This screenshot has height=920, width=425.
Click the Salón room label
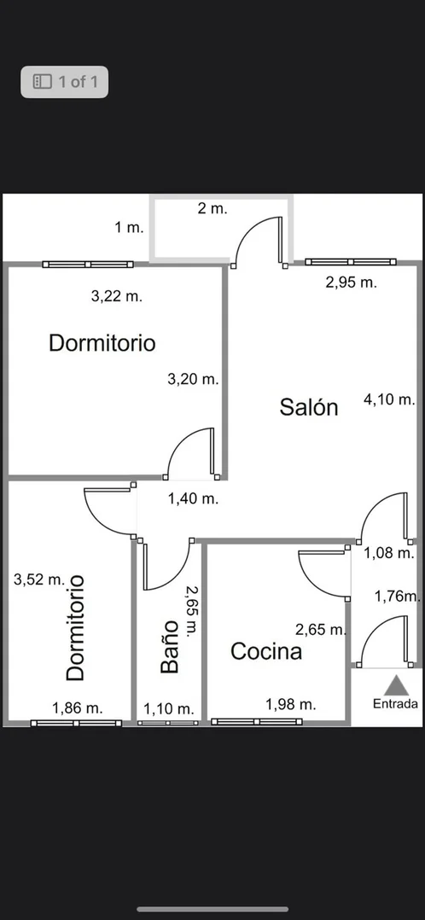coord(309,406)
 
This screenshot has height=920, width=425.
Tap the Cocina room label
coord(266,650)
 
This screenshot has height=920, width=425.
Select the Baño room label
coord(169,647)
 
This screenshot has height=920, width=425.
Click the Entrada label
coord(396,704)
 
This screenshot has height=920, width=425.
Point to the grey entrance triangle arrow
coord(396,685)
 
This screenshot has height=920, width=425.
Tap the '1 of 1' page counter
coord(65,82)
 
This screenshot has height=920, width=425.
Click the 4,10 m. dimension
coord(390,400)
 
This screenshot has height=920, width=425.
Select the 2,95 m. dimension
coord(351,282)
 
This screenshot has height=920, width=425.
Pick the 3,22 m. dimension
coord(117,296)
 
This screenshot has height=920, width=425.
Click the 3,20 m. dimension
coord(193,379)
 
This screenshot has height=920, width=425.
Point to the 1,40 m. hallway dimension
coord(193,499)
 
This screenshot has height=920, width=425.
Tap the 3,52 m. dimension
coord(39,580)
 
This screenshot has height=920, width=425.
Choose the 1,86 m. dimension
coord(78,708)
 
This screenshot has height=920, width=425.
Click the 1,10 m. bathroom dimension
coord(169,708)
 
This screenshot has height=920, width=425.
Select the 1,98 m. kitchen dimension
coord(291,704)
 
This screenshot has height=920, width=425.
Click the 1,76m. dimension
coord(399,597)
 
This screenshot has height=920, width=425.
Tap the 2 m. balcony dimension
coord(212,208)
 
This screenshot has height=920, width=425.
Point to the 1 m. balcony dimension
coord(129,228)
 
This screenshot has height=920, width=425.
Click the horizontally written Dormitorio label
coord(102,342)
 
